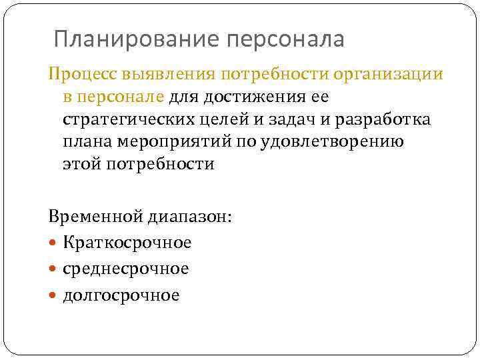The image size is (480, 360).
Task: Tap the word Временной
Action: point(89,217)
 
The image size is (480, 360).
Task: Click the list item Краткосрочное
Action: point(127,243)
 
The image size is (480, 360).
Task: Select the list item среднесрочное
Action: point(126,269)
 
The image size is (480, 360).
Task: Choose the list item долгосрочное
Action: point(121,295)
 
